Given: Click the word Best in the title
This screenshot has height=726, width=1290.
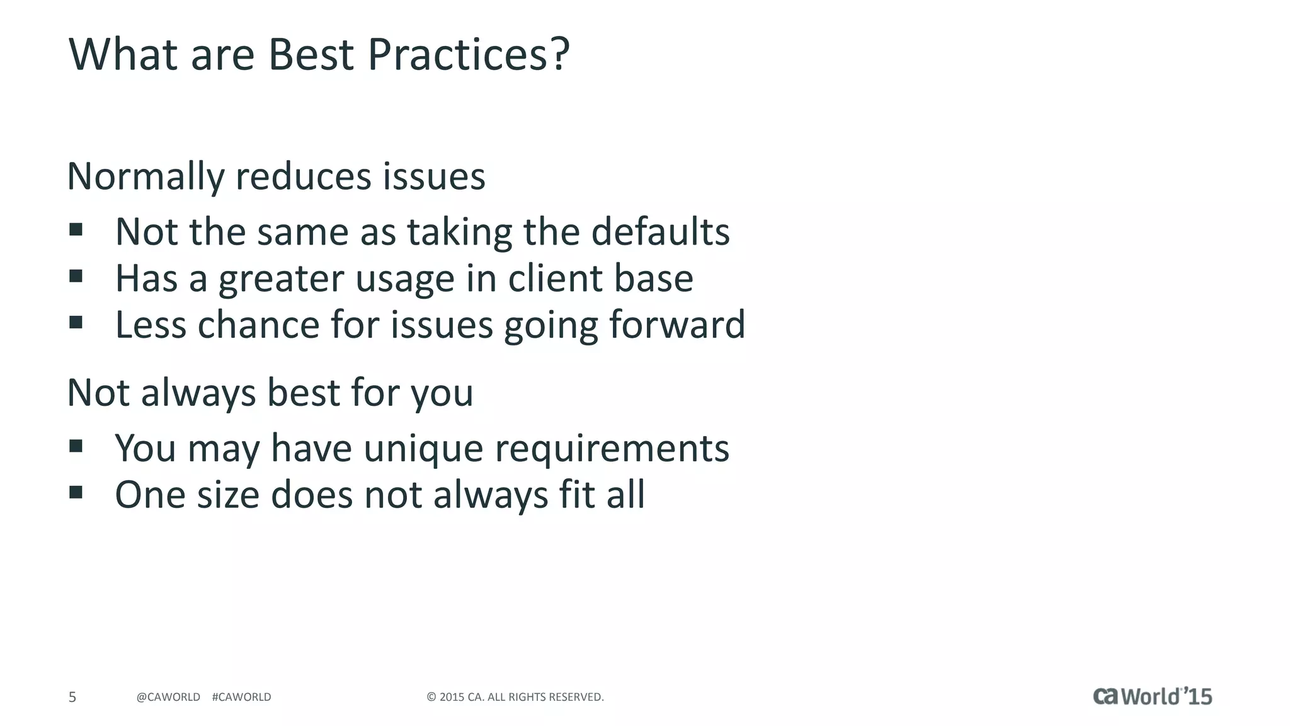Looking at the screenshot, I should point(311,54).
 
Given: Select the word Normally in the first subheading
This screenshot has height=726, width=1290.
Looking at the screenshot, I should point(146,176).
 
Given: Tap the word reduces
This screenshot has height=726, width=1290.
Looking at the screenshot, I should point(303,176).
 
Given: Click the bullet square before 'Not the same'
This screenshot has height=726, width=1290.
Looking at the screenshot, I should point(76,229).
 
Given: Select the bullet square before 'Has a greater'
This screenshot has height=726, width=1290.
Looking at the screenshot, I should point(76,276).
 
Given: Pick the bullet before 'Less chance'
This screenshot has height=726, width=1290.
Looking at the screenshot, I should point(76,323).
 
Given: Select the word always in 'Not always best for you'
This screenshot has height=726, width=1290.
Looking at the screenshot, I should point(198,393).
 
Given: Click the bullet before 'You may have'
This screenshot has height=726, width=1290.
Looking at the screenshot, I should point(76,446).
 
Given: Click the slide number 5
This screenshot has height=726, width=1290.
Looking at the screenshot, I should point(72,697).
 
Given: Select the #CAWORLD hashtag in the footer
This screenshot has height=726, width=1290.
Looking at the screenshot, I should point(242,697).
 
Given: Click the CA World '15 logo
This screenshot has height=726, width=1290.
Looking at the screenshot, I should point(1152,696).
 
